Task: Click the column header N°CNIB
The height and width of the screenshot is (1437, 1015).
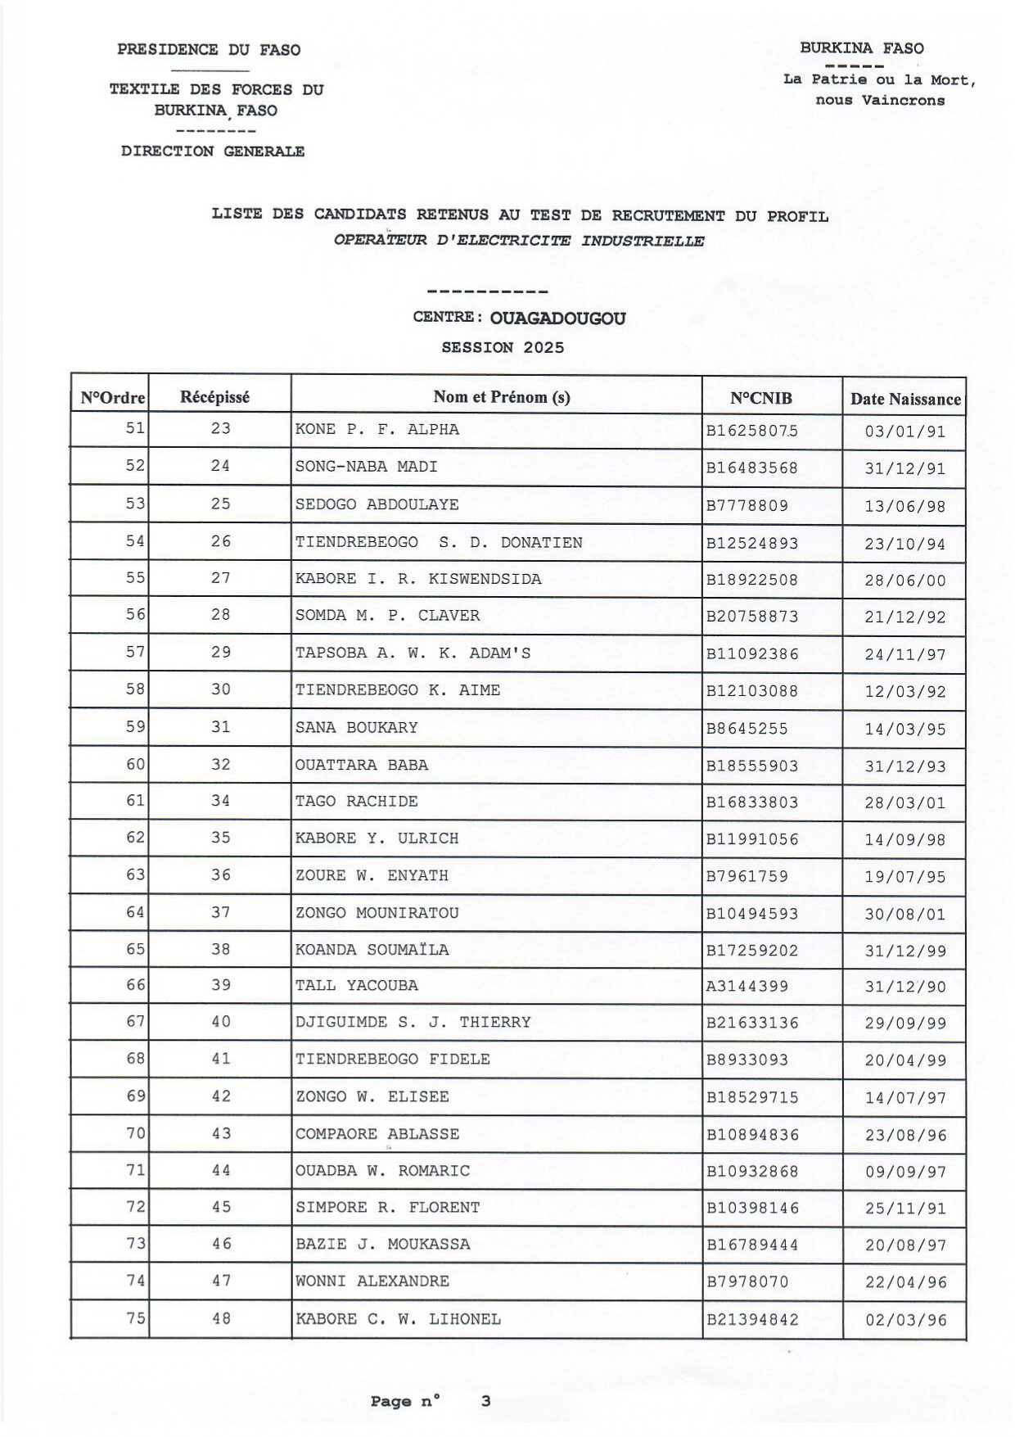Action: pyautogui.click(x=760, y=399)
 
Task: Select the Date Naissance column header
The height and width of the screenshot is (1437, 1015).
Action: pyautogui.click(x=904, y=400)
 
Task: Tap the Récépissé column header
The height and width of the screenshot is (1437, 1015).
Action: pyautogui.click(x=214, y=398)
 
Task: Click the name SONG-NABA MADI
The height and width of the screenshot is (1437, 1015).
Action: pyautogui.click(x=366, y=467)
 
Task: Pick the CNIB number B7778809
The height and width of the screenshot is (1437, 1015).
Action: pyautogui.click(x=747, y=506)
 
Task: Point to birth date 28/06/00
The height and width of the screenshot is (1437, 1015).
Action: pyautogui.click(x=904, y=581)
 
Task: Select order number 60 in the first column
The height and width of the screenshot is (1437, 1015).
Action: pyautogui.click(x=135, y=765)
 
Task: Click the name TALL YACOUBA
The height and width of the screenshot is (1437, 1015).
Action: pyautogui.click(x=356, y=986)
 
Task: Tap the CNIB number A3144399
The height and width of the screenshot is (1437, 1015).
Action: pyautogui.click(x=747, y=987)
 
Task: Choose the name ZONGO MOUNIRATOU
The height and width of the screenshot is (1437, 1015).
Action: pyautogui.click(x=377, y=913)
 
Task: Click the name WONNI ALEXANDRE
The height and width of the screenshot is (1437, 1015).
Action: pyautogui.click(x=372, y=1281)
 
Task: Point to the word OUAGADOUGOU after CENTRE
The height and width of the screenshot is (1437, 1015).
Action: pyautogui.click(x=557, y=319)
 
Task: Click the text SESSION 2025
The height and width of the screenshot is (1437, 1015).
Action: pyautogui.click(x=503, y=347)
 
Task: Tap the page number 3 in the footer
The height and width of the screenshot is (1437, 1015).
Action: pyautogui.click(x=485, y=1401)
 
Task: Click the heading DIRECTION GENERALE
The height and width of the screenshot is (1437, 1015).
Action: pyautogui.click(x=213, y=151)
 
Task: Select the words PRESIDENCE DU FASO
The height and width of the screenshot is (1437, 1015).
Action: pyautogui.click(x=209, y=50)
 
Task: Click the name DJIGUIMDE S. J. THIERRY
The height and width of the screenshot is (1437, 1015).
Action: pyautogui.click(x=413, y=1023)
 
